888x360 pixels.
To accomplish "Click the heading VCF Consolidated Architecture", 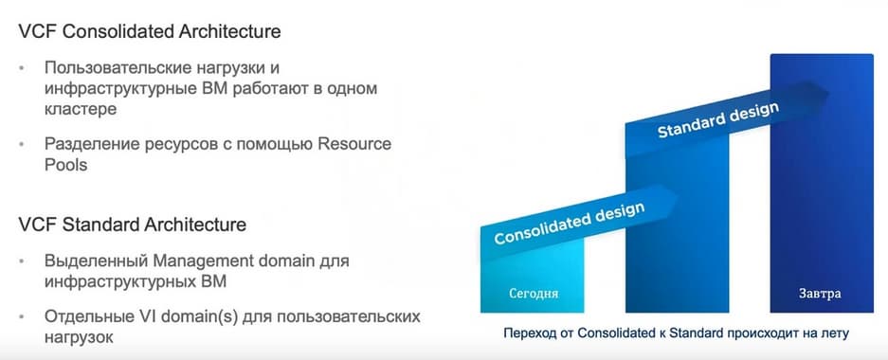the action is click(150, 31).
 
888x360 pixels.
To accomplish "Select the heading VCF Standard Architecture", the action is click(133, 225).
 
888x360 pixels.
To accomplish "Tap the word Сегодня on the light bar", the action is click(534, 293).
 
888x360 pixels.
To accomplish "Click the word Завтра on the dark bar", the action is click(820, 293).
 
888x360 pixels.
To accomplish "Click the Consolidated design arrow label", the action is click(570, 223).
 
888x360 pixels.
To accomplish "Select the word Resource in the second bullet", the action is click(353, 143).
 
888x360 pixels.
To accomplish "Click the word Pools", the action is click(65, 164).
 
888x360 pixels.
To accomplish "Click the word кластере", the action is click(80, 109).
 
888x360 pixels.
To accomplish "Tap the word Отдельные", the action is click(88, 316).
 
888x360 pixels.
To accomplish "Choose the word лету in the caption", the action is click(834, 334).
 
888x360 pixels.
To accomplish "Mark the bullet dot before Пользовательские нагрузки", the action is click(23, 68).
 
